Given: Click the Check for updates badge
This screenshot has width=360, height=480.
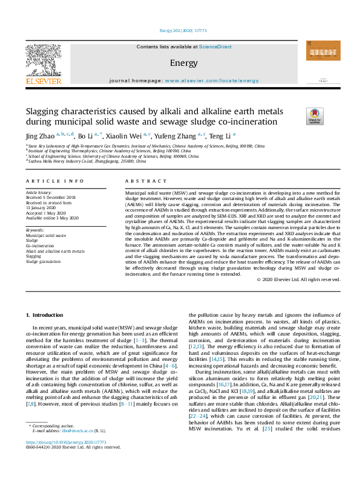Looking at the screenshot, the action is click(x=315, y=115).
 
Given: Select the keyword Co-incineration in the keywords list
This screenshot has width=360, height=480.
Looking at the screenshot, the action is click(x=39, y=246).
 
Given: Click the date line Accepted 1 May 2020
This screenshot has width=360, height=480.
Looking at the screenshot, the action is click(x=45, y=213).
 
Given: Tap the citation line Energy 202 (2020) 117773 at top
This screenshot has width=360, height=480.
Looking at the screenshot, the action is click(x=183, y=30).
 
